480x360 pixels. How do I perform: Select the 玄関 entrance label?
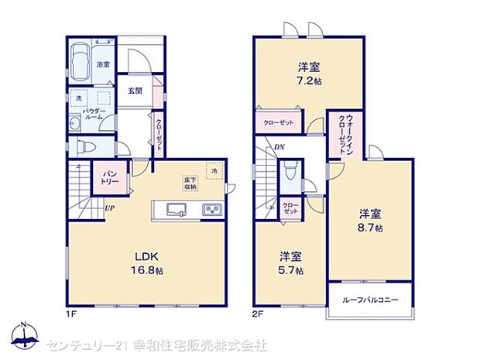134,91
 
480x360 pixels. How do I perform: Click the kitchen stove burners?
211,210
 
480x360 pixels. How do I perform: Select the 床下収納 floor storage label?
190,183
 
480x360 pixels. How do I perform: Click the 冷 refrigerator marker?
213,169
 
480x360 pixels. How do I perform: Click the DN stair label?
277,149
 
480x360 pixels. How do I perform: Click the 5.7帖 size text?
291,271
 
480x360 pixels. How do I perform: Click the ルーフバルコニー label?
369,300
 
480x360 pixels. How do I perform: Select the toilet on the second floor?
289,171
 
